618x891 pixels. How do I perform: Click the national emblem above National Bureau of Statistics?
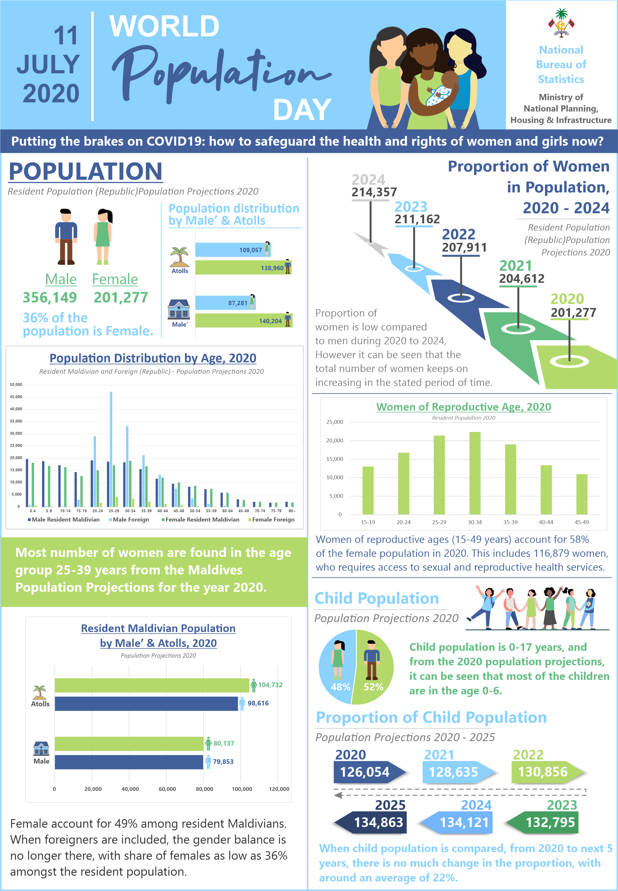coord(561,23)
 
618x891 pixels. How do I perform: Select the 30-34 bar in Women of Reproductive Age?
coord(475,473)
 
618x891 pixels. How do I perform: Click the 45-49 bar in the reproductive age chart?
coord(581,494)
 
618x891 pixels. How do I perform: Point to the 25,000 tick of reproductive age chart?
coord(334,422)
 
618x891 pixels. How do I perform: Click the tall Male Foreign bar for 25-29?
coord(111,449)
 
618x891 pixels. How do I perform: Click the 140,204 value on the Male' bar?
coord(270,321)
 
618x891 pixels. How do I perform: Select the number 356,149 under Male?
coord(50,297)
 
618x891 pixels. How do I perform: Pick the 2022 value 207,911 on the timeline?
coord(464,247)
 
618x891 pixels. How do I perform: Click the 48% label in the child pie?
coord(340,687)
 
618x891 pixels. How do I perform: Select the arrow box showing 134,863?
coord(370,822)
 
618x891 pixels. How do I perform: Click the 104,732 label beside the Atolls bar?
coord(270,685)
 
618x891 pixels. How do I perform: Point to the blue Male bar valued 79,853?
coord(129,762)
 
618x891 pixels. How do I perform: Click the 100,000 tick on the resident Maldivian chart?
coord(242,789)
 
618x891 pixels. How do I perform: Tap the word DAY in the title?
coord(302,110)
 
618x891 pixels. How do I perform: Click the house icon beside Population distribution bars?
coord(179,309)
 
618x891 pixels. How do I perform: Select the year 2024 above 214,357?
coord(368,179)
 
